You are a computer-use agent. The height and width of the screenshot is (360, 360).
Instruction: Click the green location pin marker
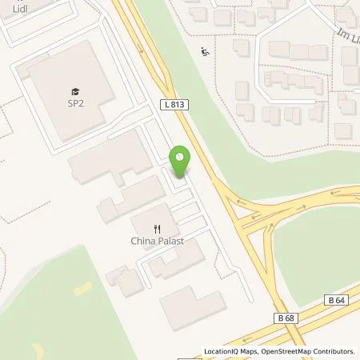(181, 161)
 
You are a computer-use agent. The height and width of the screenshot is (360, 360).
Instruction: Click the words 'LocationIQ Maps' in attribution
(231, 351)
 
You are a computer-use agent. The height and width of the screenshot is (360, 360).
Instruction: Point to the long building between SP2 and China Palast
(108, 156)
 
